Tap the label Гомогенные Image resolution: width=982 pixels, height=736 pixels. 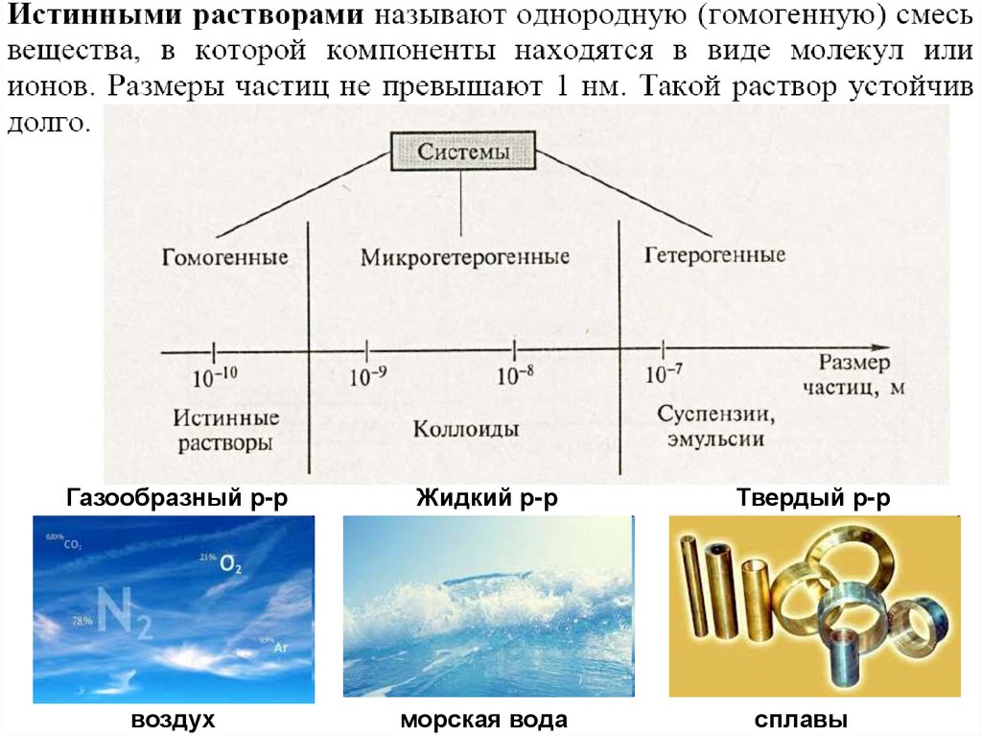225,258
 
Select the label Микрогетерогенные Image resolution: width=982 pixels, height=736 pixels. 465,257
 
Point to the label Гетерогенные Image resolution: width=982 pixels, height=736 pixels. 714,255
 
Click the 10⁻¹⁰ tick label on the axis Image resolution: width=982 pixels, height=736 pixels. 215,376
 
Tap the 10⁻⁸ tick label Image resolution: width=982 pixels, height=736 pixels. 515,375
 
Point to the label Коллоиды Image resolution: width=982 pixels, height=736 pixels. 466,428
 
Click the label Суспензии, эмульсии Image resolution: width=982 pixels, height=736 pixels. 716,426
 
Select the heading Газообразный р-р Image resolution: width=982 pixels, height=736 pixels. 177,498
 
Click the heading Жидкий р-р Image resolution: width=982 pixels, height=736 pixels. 487,498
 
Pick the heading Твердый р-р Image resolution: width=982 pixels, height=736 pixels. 814,498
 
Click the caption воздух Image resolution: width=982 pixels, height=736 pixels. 173,720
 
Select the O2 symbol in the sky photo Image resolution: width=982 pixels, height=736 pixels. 231,564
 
